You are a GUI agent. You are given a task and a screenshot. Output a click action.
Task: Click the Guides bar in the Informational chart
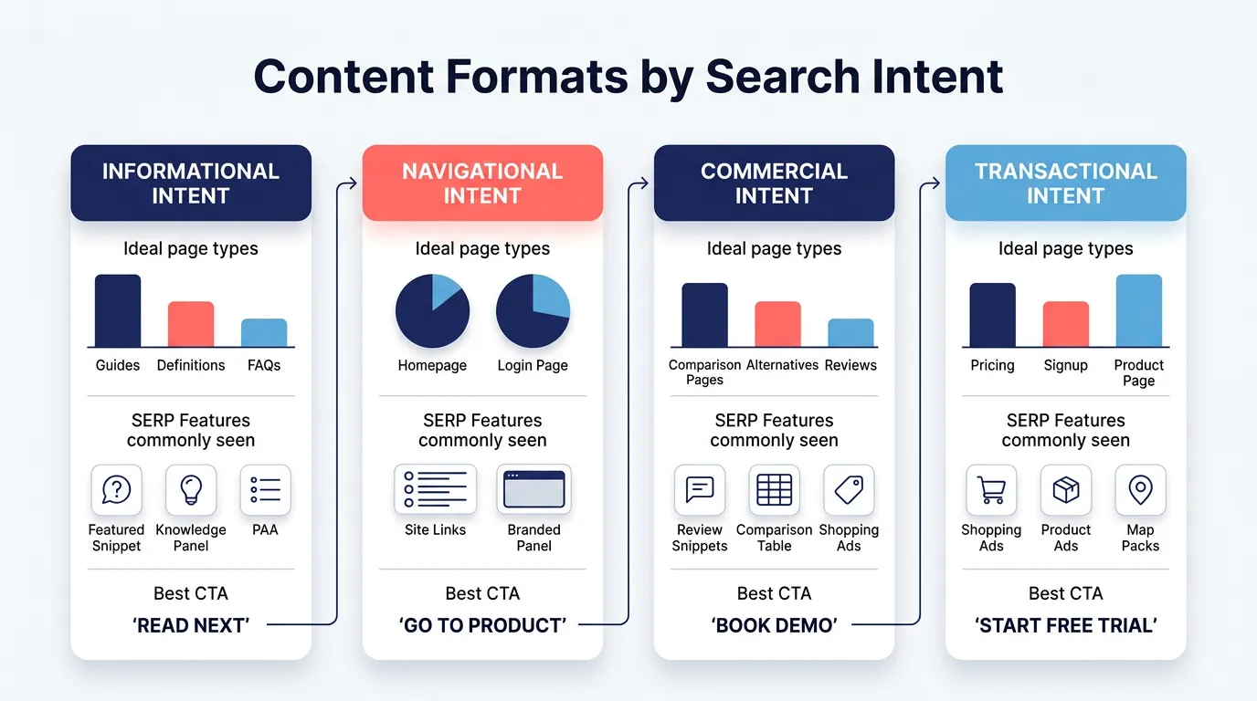pyautogui.click(x=118, y=310)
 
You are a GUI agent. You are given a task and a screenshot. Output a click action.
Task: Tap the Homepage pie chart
pyautogui.click(x=432, y=311)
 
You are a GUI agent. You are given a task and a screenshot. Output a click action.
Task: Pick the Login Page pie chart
pyautogui.click(x=533, y=311)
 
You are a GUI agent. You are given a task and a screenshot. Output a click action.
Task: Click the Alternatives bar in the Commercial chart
pyautogui.click(x=777, y=324)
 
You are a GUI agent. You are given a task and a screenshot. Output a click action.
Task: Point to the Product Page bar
pyautogui.click(x=1138, y=310)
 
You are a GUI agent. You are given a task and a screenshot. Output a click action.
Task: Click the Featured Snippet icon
pyautogui.click(x=116, y=490)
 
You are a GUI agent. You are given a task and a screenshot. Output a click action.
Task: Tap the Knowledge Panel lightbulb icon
pyautogui.click(x=191, y=490)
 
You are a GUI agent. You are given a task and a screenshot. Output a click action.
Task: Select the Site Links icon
pyautogui.click(x=435, y=490)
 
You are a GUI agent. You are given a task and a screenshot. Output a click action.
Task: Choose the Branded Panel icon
pyautogui.click(x=534, y=490)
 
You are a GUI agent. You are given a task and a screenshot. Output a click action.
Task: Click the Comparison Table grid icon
pyautogui.click(x=774, y=490)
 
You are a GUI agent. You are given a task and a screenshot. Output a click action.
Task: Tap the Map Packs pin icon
pyautogui.click(x=1140, y=490)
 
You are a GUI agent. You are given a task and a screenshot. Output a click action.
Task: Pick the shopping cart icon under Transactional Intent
pyautogui.click(x=991, y=490)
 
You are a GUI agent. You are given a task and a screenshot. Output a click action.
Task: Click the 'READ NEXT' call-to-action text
pyautogui.click(x=191, y=625)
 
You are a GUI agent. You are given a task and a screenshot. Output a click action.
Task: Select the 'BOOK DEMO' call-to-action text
pyautogui.click(x=774, y=625)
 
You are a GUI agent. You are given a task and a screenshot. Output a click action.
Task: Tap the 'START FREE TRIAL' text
pyautogui.click(x=1065, y=625)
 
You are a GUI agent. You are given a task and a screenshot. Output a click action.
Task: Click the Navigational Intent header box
pyautogui.click(x=482, y=183)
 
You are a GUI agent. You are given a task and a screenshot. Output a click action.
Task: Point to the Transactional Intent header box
pyautogui.click(x=1065, y=183)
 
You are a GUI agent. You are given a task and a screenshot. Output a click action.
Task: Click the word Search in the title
pyautogui.click(x=782, y=77)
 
